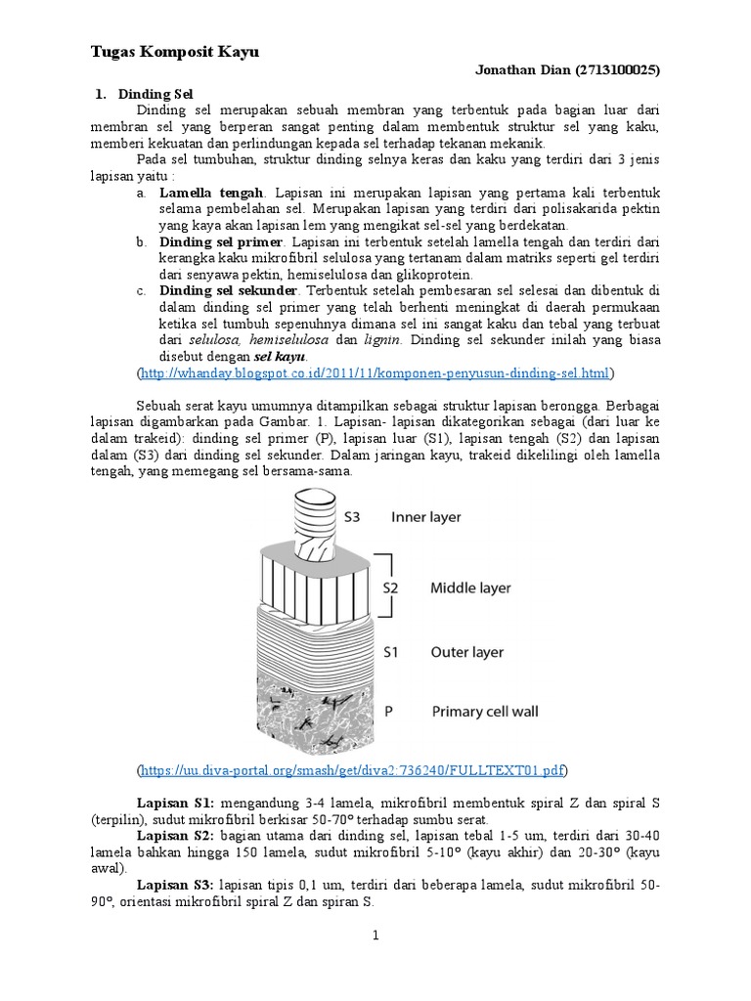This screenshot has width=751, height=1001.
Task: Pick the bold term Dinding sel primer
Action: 221,241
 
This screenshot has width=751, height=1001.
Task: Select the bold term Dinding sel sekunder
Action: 229,290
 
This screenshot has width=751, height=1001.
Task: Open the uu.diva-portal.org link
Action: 353,770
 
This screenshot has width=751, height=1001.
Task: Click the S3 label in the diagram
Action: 354,516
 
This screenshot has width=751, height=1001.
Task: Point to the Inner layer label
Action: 426,516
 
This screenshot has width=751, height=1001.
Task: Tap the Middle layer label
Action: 470,588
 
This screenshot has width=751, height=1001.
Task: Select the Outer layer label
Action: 467,650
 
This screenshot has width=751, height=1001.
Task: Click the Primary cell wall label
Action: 485,712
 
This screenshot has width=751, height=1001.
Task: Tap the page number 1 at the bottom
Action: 375,936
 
